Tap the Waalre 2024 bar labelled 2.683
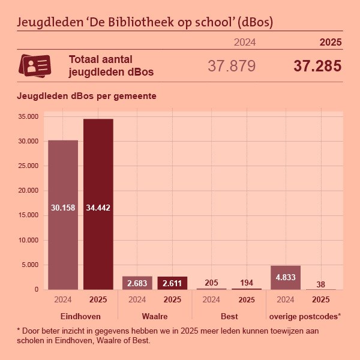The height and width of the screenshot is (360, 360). tap(137, 283)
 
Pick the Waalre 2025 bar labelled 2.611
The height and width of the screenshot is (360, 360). tap(172, 283)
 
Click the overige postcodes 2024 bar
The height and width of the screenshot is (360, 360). tap(286, 278)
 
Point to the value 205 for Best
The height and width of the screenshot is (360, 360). tap(211, 283)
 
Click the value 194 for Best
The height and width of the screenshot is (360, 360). tap(247, 283)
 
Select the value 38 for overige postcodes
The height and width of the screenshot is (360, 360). tap(321, 284)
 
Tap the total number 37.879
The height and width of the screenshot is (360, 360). tap(232, 66)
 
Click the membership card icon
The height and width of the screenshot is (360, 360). tap(35, 65)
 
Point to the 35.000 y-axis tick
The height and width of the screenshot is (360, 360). tap(28, 116)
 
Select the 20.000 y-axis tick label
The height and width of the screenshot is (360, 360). tap(28, 191)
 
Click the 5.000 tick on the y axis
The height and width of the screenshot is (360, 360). tap(30, 265)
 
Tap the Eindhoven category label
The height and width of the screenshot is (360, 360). tap(80, 316)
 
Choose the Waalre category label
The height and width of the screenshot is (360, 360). tap(154, 316)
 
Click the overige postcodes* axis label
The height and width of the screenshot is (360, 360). tap(305, 316)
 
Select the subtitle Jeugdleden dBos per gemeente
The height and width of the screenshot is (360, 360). tap(87, 96)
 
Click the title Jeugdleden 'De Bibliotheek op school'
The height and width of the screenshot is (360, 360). tap(145, 23)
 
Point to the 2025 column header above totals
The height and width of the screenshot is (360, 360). tap(330, 42)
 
